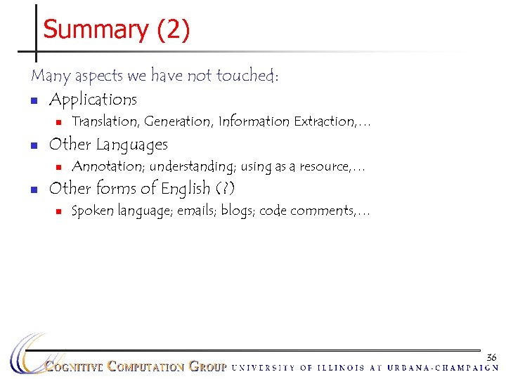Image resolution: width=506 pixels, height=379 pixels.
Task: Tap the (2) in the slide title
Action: click(x=173, y=31)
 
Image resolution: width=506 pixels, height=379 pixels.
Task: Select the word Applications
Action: click(x=93, y=100)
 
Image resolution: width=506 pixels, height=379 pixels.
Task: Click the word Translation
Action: click(x=105, y=122)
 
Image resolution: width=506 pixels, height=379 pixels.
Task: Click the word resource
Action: click(x=324, y=167)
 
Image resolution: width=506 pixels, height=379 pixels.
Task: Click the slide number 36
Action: click(x=491, y=357)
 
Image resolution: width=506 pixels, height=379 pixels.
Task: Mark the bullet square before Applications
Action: click(x=33, y=100)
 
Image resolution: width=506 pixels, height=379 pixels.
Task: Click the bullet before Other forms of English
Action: click(x=33, y=190)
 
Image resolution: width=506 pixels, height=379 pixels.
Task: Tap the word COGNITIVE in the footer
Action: click(x=74, y=367)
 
